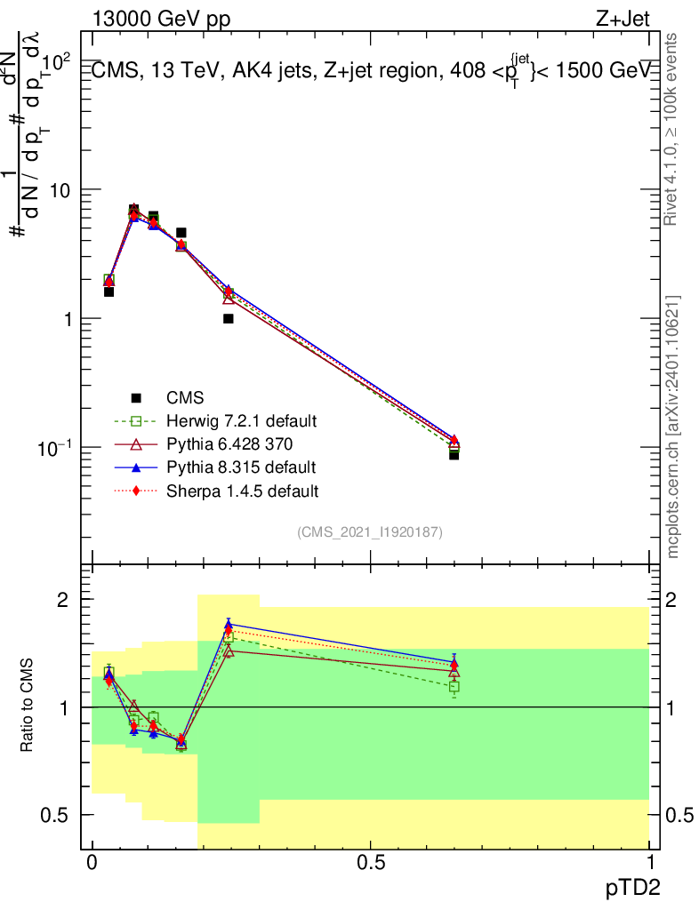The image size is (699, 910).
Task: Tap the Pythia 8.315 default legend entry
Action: (241, 467)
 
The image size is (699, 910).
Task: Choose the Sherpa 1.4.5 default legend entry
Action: (243, 490)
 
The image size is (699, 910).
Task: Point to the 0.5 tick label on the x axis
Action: (371, 863)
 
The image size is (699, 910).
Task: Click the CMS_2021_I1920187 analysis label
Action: (370, 531)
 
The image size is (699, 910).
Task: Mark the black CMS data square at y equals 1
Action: (229, 318)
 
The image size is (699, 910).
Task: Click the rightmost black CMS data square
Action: (454, 454)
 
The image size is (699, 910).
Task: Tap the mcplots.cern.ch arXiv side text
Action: (674, 427)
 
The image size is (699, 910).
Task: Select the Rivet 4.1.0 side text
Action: (674, 129)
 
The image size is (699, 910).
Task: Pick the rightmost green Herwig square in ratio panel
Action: (454, 686)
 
